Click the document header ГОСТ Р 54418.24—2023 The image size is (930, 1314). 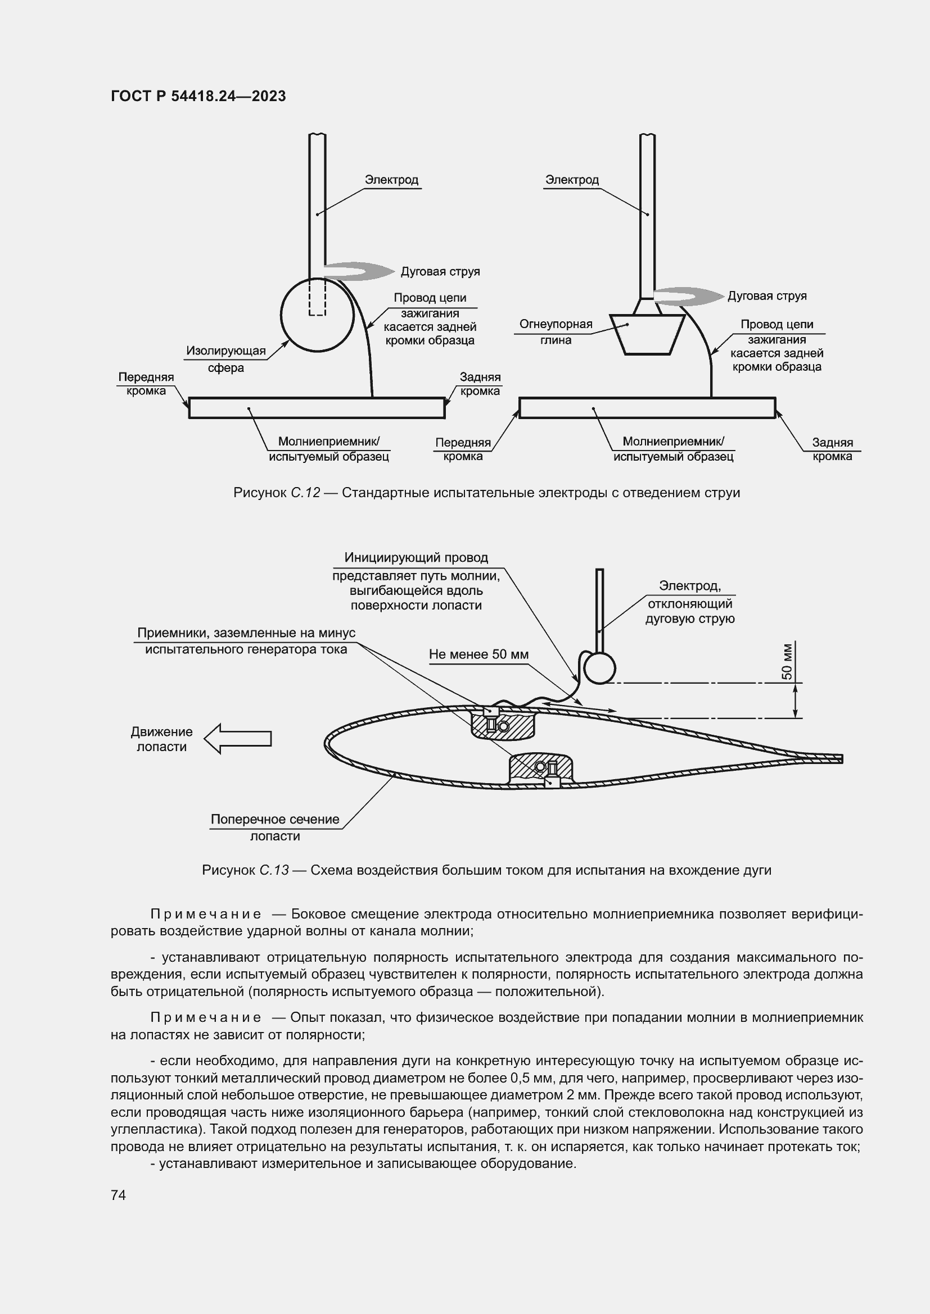(198, 96)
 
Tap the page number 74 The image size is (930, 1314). (119, 1195)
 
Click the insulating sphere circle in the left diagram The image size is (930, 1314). (317, 315)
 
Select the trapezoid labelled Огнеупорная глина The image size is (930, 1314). (647, 334)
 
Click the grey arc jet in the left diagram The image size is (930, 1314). (360, 271)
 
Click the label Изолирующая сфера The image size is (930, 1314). (226, 359)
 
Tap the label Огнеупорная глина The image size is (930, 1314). (556, 332)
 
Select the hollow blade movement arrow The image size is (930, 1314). (238, 739)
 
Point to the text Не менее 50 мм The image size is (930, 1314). (478, 654)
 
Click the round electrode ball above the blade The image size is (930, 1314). (599, 668)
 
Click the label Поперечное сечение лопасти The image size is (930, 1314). (275, 827)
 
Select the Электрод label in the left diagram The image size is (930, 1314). (392, 180)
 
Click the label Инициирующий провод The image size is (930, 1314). (416, 557)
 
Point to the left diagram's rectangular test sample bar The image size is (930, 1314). (317, 408)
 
